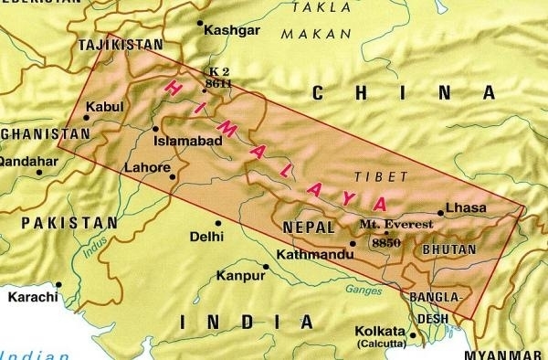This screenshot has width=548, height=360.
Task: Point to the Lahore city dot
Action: click(173, 175)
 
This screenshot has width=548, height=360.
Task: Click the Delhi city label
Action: click(205, 237)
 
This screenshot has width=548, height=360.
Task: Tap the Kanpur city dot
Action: click(265, 268)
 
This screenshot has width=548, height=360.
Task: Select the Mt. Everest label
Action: click(389, 222)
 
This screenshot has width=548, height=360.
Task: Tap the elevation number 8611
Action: click(217, 82)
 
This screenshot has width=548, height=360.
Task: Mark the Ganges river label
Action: click(364, 291)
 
